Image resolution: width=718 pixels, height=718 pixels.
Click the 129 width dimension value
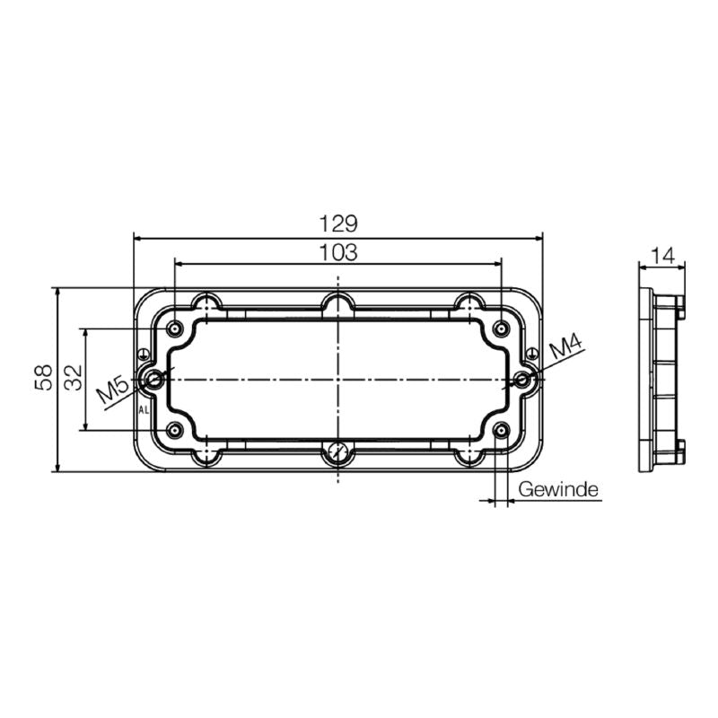point(338,223)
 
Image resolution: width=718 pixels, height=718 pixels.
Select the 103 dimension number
point(338,253)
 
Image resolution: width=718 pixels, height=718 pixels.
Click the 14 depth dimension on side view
point(662,256)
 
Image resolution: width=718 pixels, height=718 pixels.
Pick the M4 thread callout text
point(566,345)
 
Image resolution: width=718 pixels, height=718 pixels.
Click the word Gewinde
point(558,490)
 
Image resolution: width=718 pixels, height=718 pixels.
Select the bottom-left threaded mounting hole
point(176,432)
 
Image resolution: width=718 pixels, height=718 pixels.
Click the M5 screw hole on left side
point(154,380)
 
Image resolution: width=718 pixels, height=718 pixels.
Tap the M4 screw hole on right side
point(524,380)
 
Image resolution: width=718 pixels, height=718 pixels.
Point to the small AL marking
point(144,410)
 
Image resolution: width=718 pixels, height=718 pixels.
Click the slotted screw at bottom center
point(338,452)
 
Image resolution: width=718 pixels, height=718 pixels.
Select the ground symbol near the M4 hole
point(533,352)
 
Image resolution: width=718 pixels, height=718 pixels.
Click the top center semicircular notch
point(338,302)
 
